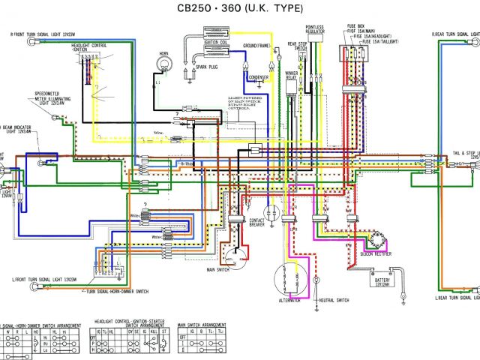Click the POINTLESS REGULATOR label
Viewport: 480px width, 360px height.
pos(315,29)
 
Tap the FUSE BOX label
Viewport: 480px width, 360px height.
pos(355,25)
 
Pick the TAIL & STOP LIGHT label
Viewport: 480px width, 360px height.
pos(458,152)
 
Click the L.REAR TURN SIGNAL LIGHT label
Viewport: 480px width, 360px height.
pos(457,298)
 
